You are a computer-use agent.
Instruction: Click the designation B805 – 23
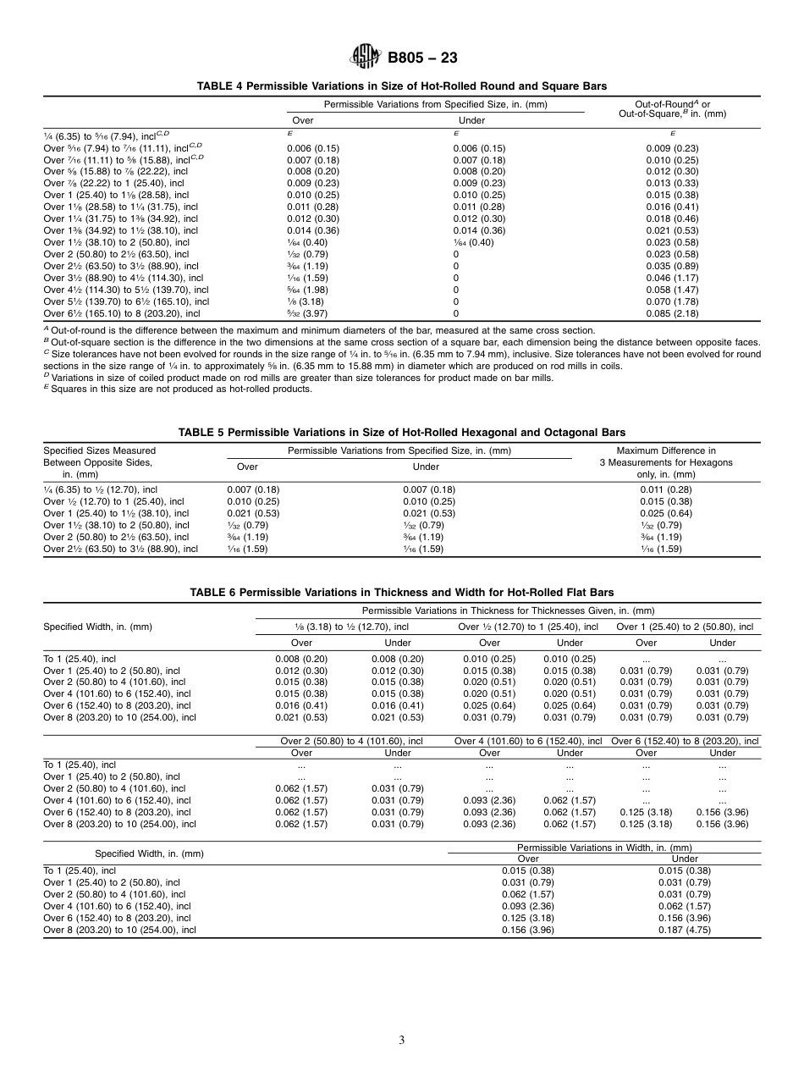tap(422, 58)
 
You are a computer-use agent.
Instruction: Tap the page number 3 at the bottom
tap(402, 1041)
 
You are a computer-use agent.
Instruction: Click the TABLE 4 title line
tap(402, 86)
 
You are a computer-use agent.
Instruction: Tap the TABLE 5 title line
tap(402, 433)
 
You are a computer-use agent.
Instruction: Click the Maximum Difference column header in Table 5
tap(666, 462)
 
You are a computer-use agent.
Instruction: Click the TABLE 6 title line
tap(402, 593)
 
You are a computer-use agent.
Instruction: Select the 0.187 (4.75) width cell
tap(684, 930)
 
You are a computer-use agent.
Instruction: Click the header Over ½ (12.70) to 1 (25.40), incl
tap(528, 627)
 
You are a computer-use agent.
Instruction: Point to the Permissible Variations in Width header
tap(604, 848)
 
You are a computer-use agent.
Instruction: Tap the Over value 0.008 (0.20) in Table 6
tap(301, 658)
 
